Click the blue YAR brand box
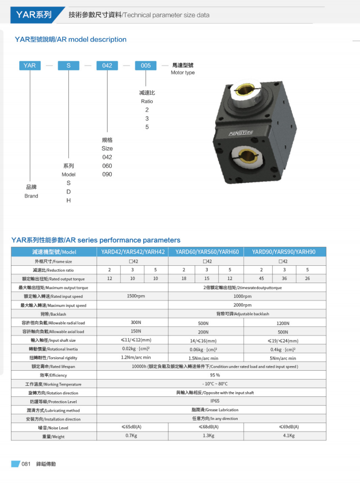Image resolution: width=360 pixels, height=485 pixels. pyautogui.click(x=30, y=66)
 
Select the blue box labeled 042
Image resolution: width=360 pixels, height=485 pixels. pyautogui.click(x=107, y=66)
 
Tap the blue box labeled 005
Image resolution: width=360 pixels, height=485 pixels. pyautogui.click(x=146, y=66)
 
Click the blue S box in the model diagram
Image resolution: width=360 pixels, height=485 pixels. pyautogui.click(x=68, y=66)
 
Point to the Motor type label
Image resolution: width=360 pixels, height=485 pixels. pyautogui.click(x=183, y=72)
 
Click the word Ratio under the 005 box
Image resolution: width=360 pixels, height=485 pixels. pyautogui.click(x=147, y=101)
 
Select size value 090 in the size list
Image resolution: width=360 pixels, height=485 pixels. pyautogui.click(x=107, y=174)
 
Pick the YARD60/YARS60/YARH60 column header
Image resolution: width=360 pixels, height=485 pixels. pyautogui.click(x=207, y=252)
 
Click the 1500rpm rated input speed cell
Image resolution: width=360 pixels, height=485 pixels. pyautogui.click(x=136, y=296)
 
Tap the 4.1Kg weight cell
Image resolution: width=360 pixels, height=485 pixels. pyautogui.click(x=289, y=436)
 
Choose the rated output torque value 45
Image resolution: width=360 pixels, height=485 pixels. pyautogui.click(x=261, y=278)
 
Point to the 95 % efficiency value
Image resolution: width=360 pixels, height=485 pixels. pyautogui.click(x=215, y=375)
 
